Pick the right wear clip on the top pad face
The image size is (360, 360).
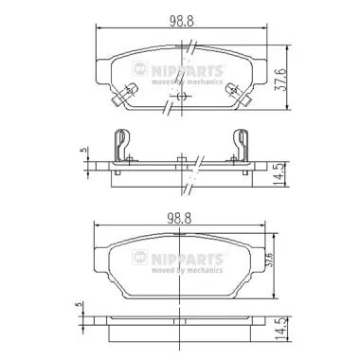click(232, 89)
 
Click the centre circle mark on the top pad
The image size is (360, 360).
click(181, 92)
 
